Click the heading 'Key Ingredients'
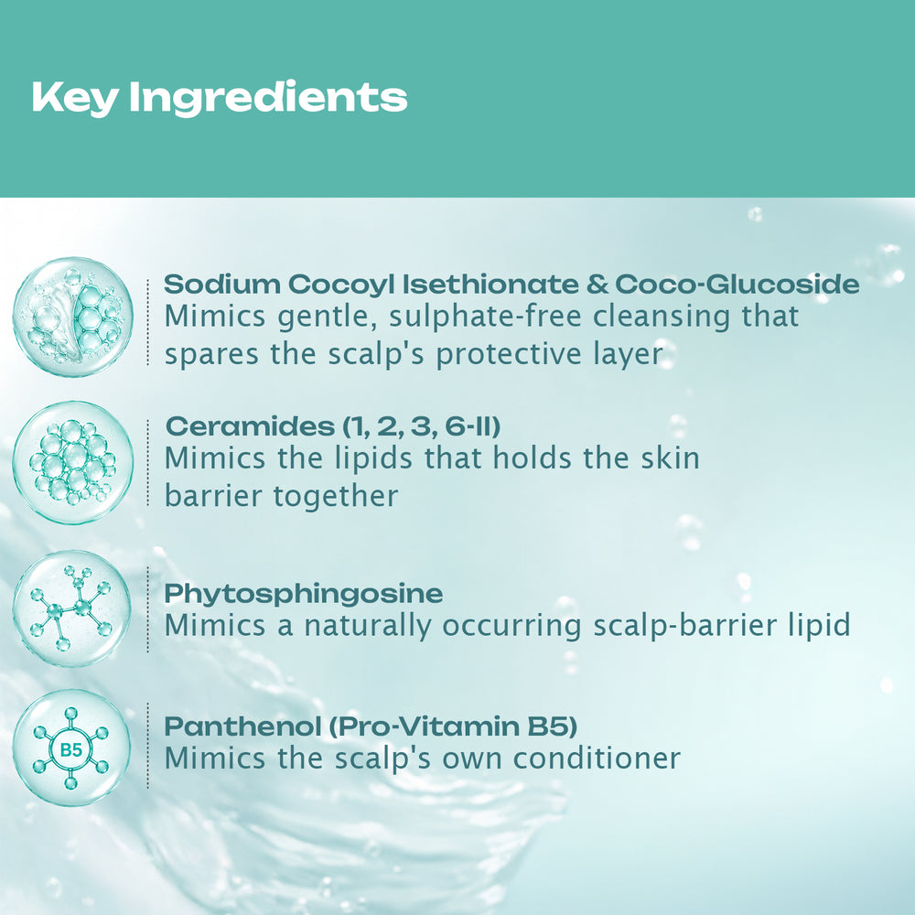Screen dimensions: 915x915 click(220, 98)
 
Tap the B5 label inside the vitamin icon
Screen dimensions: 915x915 click(71, 749)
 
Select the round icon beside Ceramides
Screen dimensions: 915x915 click(72, 462)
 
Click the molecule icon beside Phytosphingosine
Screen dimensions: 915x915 click(71, 608)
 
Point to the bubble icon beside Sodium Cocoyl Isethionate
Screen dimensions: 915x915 click(72, 317)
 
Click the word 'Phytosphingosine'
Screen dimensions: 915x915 click(304, 595)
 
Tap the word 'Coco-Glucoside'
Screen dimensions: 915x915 click(737, 285)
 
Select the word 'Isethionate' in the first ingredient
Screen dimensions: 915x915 click(490, 285)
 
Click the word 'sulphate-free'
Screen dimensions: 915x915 click(485, 317)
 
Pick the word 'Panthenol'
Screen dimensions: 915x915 click(243, 727)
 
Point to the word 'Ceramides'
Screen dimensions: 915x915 click(250, 426)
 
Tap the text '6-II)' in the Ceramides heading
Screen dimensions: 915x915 click(473, 426)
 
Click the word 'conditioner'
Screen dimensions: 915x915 click(597, 759)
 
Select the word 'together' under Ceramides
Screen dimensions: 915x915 click(336, 497)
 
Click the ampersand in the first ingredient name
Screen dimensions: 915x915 click(597, 285)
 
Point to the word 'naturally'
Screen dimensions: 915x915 click(367, 626)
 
